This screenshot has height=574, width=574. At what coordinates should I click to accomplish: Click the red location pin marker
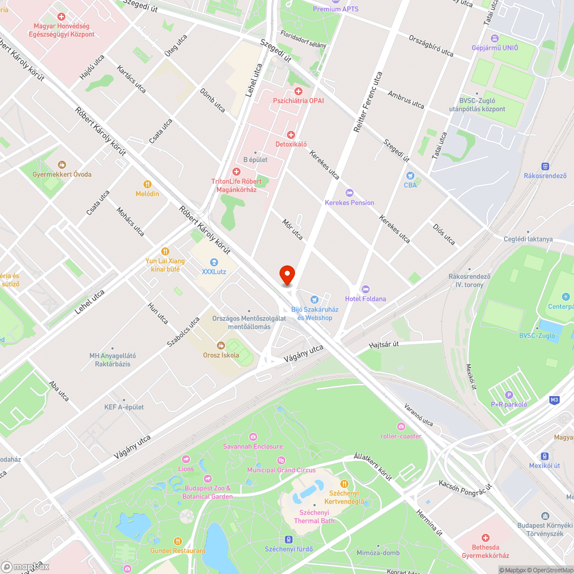(286, 274)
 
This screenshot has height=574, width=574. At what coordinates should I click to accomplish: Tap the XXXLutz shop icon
(214, 262)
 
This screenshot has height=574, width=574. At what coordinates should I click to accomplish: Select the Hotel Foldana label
(365, 298)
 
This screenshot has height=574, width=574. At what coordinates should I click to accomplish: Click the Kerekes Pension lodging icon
(349, 193)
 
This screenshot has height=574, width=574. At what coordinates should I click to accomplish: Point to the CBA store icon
(410, 176)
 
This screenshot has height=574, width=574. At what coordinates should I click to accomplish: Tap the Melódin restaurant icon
(148, 184)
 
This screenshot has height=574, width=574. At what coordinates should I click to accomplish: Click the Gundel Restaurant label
(178, 550)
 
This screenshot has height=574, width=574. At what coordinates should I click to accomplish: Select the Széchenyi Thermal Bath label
(314, 517)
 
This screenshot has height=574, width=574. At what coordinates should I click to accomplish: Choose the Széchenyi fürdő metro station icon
(289, 540)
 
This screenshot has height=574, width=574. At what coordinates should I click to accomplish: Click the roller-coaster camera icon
(401, 426)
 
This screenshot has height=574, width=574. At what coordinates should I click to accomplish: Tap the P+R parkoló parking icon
(508, 394)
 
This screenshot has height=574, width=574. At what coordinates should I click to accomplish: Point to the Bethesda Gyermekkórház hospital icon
(486, 538)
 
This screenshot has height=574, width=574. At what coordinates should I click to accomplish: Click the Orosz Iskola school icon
(220, 345)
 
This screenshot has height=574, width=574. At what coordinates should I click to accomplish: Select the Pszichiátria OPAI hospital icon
(298, 91)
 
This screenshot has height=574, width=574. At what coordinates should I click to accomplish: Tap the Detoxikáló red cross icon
(291, 134)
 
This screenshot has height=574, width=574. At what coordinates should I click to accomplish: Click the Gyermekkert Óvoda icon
(62, 165)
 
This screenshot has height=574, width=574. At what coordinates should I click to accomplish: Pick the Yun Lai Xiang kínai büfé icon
(165, 251)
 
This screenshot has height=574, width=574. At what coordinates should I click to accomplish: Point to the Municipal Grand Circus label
(281, 470)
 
